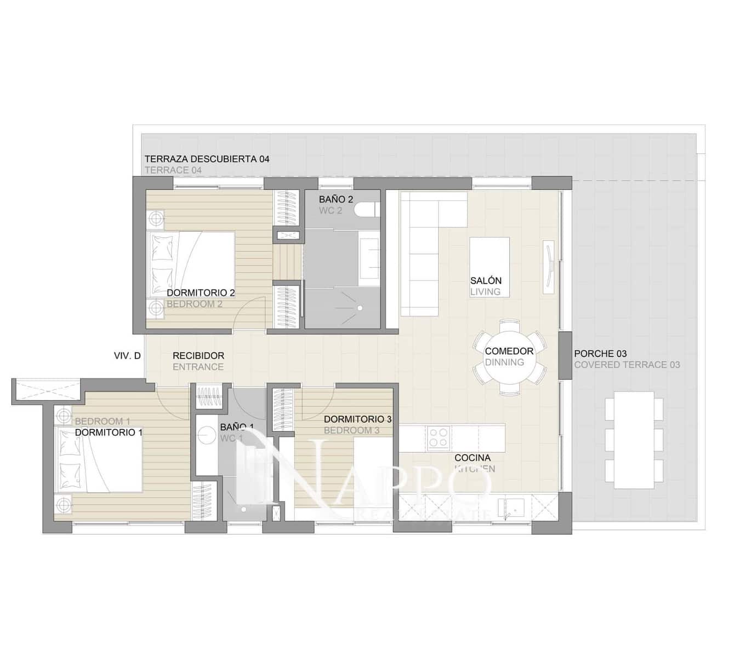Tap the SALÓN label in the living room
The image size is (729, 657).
(486, 280)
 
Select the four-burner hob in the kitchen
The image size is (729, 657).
(438, 437)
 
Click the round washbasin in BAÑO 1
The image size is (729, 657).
(207, 435)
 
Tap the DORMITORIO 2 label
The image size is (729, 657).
(201, 293)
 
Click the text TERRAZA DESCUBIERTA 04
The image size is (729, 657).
(207, 159)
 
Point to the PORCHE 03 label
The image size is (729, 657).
(600, 354)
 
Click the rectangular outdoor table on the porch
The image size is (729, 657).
(634, 440)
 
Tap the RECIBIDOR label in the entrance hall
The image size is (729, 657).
(198, 355)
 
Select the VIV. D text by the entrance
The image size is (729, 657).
(127, 355)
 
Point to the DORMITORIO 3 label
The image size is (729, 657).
(357, 419)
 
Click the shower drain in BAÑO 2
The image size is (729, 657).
(360, 308)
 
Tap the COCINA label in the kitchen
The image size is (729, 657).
(472, 458)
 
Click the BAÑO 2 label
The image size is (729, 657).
(336, 199)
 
